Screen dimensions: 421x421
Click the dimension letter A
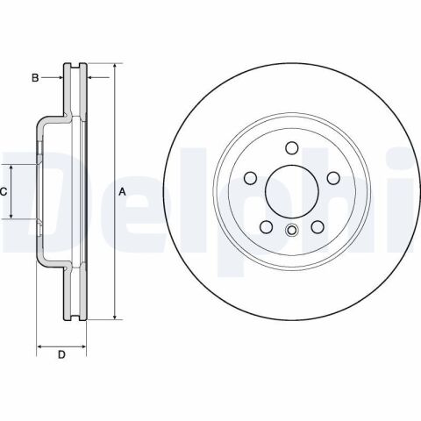[122, 192]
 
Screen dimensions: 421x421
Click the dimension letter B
[35, 78]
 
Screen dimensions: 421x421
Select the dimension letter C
[4, 192]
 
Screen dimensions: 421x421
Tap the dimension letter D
[61, 354]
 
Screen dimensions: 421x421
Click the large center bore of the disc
[291, 191]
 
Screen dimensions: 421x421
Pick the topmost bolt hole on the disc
[291, 148]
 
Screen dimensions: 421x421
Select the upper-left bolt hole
[250, 178]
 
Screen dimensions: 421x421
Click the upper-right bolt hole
[333, 178]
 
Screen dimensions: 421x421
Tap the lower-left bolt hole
[266, 227]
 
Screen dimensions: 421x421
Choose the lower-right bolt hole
[318, 227]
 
